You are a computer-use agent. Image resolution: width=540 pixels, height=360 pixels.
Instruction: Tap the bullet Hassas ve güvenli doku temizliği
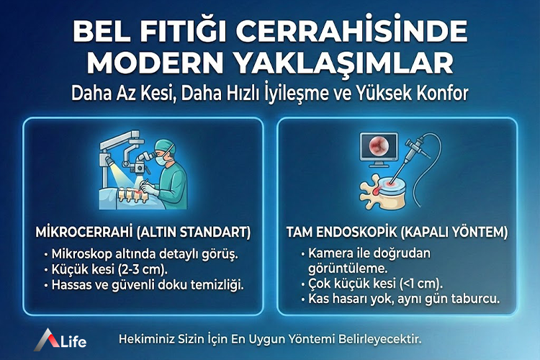point(148,284)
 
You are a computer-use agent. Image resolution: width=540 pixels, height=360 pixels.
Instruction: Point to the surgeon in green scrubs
point(170,173)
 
